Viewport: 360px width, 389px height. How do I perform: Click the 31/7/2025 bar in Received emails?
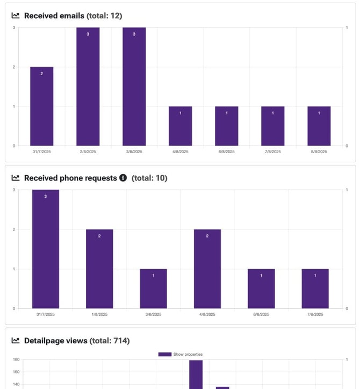[41, 106]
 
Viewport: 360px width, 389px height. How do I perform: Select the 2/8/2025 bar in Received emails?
[88, 86]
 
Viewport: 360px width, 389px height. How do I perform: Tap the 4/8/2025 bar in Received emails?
[180, 126]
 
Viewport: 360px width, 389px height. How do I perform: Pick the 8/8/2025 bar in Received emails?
[319, 126]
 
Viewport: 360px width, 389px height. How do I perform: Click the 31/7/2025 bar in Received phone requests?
[46, 249]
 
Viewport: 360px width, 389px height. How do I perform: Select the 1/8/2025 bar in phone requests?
[99, 269]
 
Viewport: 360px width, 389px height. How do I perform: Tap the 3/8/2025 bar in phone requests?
[153, 289]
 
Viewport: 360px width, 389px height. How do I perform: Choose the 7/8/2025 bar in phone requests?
[315, 289]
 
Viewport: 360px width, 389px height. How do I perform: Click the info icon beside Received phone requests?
[123, 178]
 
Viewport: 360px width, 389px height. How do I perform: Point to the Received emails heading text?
[54, 16]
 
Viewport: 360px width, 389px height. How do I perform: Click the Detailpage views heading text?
[55, 341]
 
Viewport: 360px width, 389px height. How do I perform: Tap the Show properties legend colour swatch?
[164, 354]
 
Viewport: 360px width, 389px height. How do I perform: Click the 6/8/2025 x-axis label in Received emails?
[226, 152]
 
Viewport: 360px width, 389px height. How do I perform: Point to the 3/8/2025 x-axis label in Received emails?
[134, 152]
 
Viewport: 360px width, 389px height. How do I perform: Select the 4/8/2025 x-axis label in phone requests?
[207, 314]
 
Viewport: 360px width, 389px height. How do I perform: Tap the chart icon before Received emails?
[16, 16]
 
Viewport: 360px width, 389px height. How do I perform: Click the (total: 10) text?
[149, 178]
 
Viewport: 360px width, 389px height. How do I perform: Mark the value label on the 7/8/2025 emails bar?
[272, 113]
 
